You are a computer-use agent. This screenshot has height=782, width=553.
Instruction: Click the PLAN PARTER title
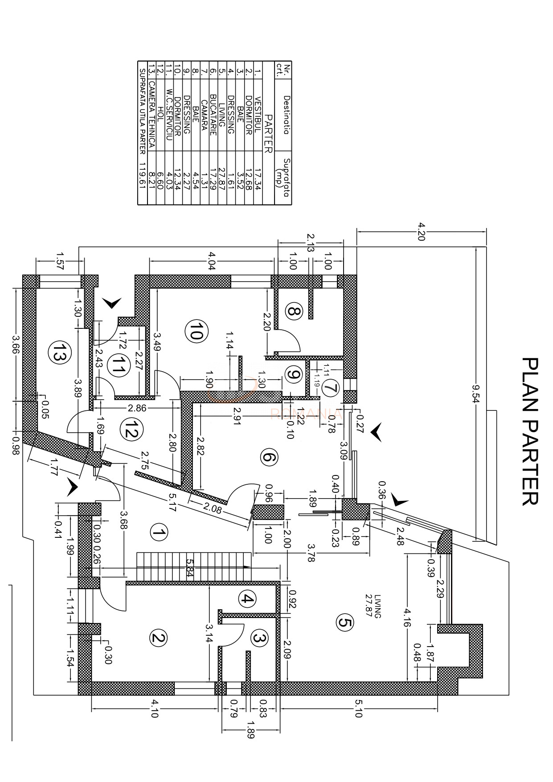click(529, 431)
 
